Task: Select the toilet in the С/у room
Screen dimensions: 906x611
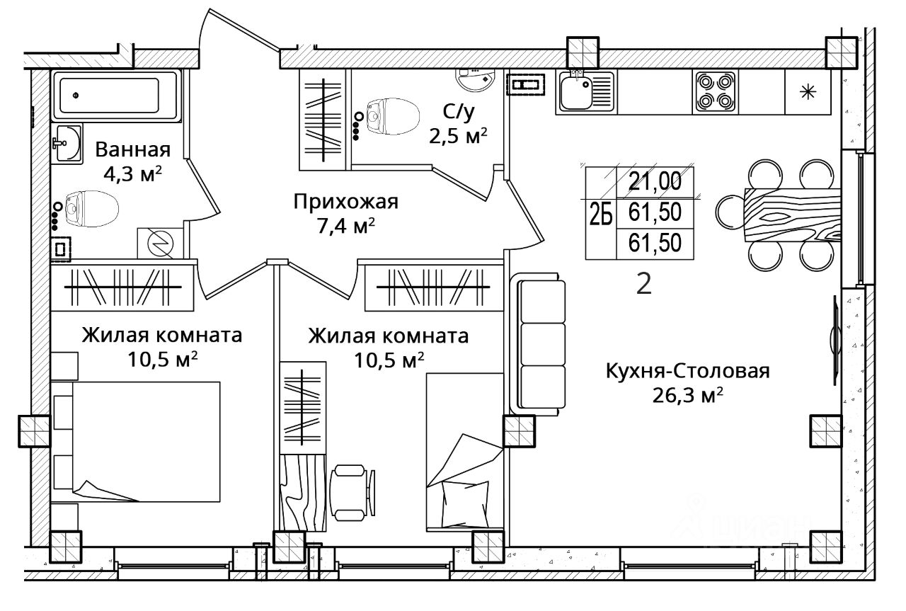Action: point(393,117)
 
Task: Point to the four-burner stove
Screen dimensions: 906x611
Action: point(716,92)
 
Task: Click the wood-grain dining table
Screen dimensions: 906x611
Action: point(793,215)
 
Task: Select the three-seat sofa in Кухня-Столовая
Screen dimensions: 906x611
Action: point(537,344)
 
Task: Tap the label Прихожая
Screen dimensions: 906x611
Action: point(346,202)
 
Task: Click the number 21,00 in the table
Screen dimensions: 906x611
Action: point(655,181)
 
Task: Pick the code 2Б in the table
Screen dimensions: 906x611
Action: point(601,213)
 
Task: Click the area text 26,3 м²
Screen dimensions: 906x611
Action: point(687,395)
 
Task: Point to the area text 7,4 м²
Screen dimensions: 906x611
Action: point(346,226)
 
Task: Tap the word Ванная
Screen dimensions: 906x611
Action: point(133,149)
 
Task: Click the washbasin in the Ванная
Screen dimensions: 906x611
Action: point(68,143)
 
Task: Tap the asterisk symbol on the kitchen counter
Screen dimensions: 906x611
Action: point(808,92)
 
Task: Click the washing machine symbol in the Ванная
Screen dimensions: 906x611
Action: point(160,244)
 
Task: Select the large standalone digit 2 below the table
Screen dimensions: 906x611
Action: point(644,283)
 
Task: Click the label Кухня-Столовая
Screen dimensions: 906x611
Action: point(687,371)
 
